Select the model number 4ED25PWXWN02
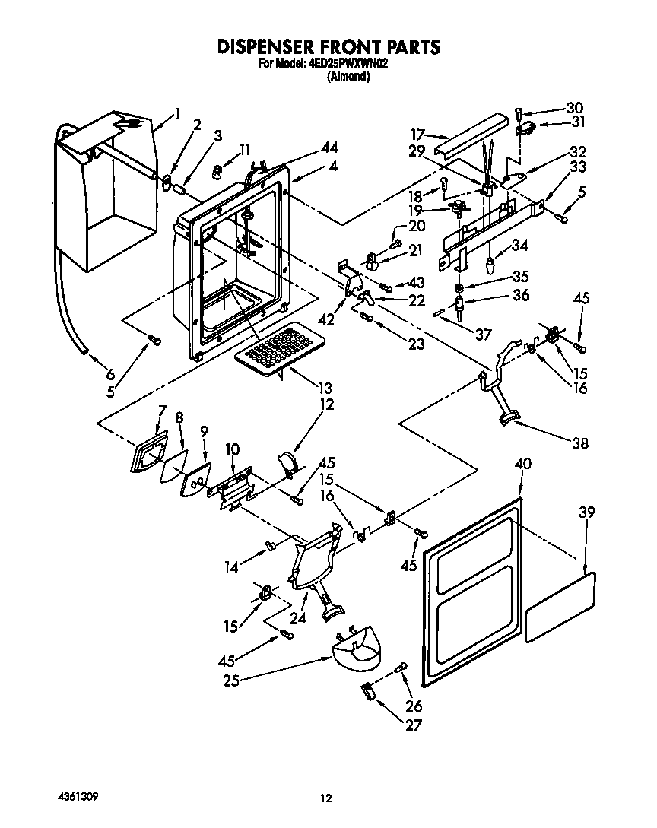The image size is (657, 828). pos(348,65)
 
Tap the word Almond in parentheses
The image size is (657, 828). pos(348,77)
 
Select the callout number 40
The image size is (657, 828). pos(522,464)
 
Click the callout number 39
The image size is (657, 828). pos(586,513)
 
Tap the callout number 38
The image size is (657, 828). pos(579,444)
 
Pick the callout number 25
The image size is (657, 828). pos(230,682)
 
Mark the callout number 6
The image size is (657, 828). pos(110,374)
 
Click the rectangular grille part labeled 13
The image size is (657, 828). pos(275,349)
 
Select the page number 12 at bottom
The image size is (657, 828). pos(326,798)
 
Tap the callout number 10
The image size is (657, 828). pos(232,449)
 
